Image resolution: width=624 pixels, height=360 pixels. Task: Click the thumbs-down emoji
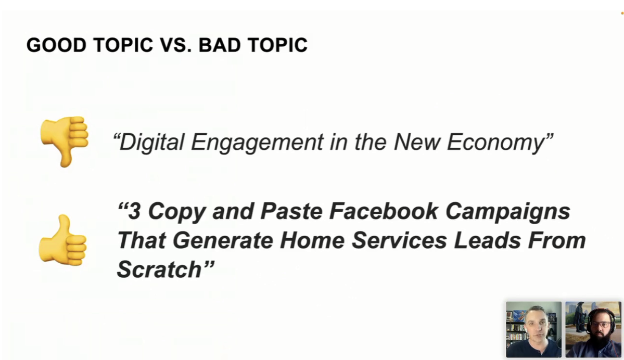pos(64,141)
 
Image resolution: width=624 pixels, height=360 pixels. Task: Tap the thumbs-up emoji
pos(63,240)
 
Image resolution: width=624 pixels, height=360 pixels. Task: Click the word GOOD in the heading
pos(56,45)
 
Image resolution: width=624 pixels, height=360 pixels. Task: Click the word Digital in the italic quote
pos(151,142)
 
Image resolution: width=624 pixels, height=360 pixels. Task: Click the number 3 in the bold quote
pos(134,211)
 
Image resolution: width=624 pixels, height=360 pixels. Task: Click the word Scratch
pos(159,269)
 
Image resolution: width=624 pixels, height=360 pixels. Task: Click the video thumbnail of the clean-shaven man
pos(533,329)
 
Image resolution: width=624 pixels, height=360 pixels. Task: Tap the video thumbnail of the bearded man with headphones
pos(593,329)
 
